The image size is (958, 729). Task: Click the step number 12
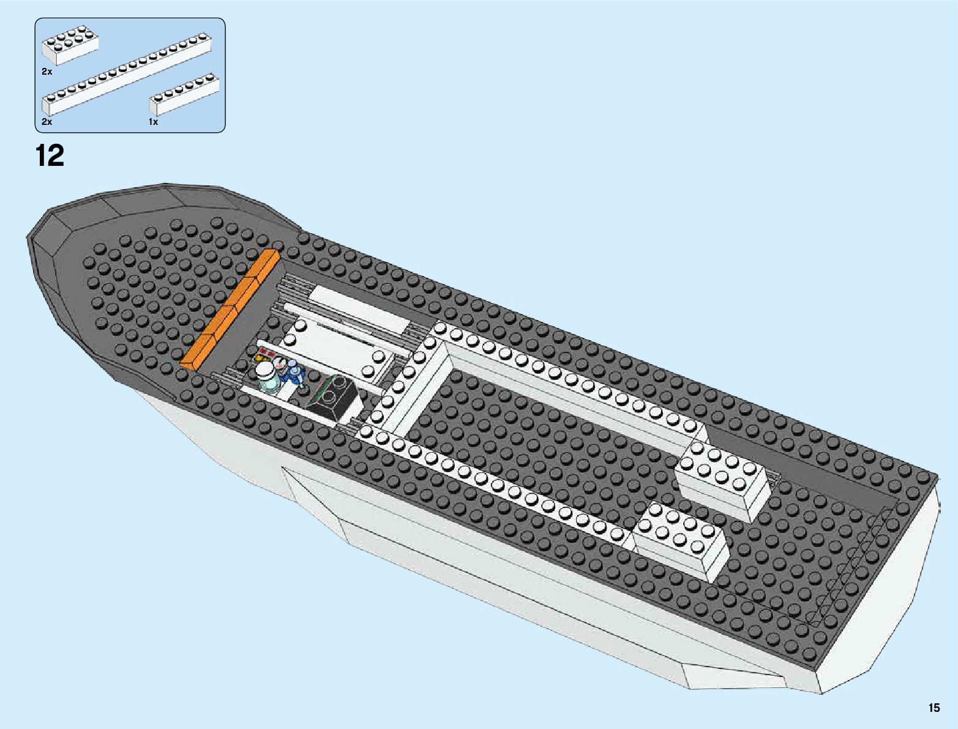tap(50, 155)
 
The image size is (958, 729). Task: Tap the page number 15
tap(934, 708)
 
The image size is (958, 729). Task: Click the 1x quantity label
tap(153, 122)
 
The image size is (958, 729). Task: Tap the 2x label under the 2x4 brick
tap(47, 72)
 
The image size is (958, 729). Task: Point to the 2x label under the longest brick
tap(47, 122)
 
